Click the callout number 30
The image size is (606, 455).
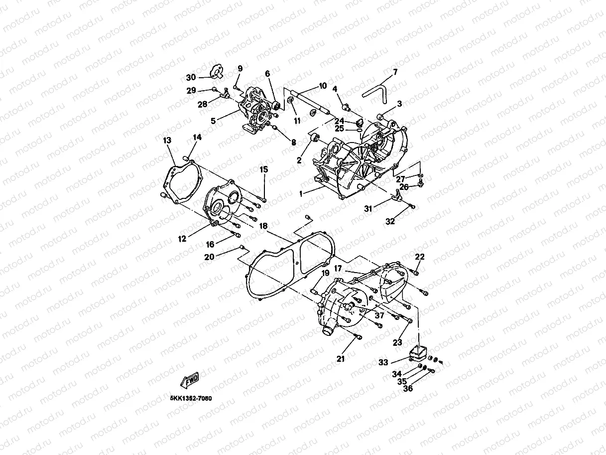[191, 77]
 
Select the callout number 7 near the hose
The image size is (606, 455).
[395, 72]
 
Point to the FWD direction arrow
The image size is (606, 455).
[190, 381]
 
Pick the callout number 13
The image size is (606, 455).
[167, 141]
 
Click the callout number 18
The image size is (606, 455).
[263, 226]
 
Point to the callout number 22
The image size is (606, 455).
[420, 257]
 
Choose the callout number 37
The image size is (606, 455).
[379, 315]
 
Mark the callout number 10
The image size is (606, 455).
[322, 86]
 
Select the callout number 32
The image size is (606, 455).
[390, 222]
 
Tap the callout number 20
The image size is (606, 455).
[209, 257]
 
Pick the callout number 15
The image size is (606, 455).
[263, 169]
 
